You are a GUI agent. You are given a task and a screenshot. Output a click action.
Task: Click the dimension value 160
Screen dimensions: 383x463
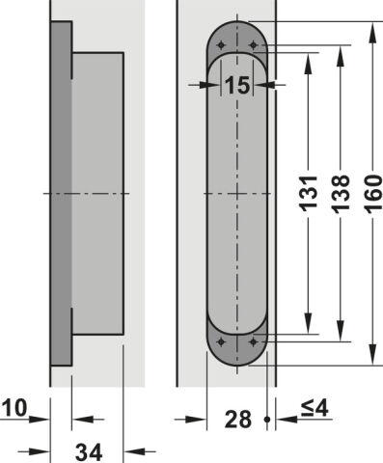tap(373, 194)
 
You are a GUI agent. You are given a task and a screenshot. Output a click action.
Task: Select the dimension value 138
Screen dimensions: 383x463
tap(341, 194)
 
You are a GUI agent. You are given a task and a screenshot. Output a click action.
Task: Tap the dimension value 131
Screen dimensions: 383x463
tap(309, 194)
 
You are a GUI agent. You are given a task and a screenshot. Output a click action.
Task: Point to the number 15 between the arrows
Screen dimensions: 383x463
tap(237, 86)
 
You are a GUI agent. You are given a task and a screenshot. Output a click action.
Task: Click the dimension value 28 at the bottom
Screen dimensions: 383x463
tap(238, 420)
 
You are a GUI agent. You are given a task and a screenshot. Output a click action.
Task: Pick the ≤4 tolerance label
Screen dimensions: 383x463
tap(315, 408)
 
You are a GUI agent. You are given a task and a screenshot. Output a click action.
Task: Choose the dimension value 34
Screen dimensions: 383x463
tap(89, 452)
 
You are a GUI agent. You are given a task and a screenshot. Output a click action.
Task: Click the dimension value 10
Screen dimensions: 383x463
tap(14, 408)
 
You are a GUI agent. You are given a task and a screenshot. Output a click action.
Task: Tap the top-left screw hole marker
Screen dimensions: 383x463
tap(221, 45)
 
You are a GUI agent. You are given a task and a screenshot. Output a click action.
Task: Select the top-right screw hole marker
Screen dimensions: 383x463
tap(254, 45)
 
